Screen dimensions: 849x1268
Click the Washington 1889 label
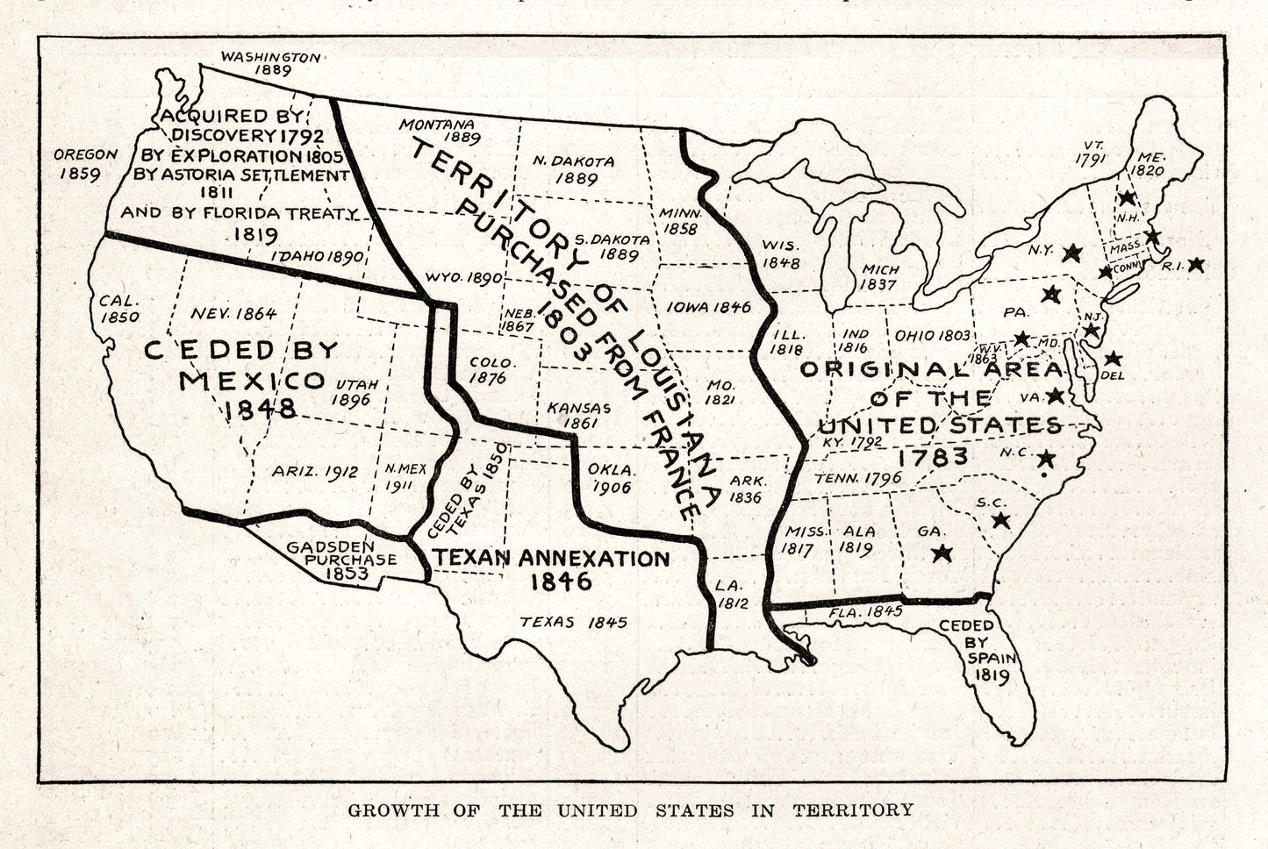point(270,64)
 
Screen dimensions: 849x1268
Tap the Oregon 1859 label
point(85,163)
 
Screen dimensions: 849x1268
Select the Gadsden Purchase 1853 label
point(341,560)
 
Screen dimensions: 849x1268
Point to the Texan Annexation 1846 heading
point(550,569)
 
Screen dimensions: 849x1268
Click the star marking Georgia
point(942,553)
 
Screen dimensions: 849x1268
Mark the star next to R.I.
point(1197,264)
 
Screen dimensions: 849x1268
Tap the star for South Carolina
point(1000,520)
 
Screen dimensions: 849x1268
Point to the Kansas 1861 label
point(578,415)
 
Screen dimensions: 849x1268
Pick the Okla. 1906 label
point(612,478)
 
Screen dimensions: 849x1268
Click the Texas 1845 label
point(573,622)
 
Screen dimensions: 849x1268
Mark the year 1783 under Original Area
point(933,456)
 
